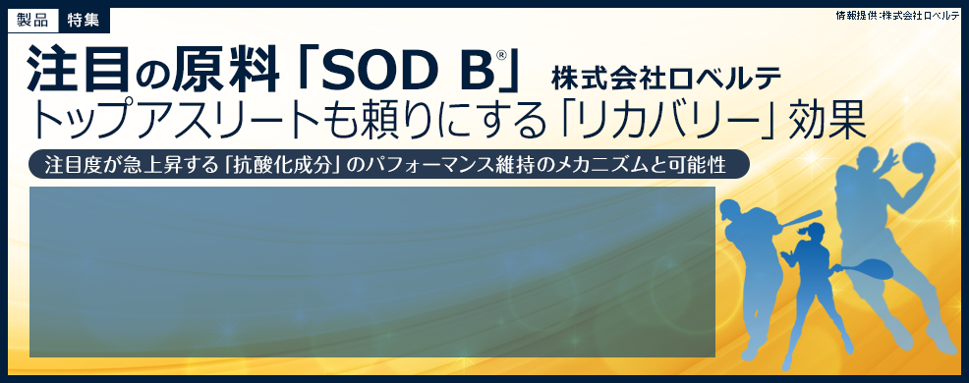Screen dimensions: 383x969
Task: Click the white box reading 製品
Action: pyautogui.click(x=32, y=19)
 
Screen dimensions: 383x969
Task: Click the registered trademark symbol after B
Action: pyautogui.click(x=500, y=56)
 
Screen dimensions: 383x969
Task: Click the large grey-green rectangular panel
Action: pyautogui.click(x=371, y=271)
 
